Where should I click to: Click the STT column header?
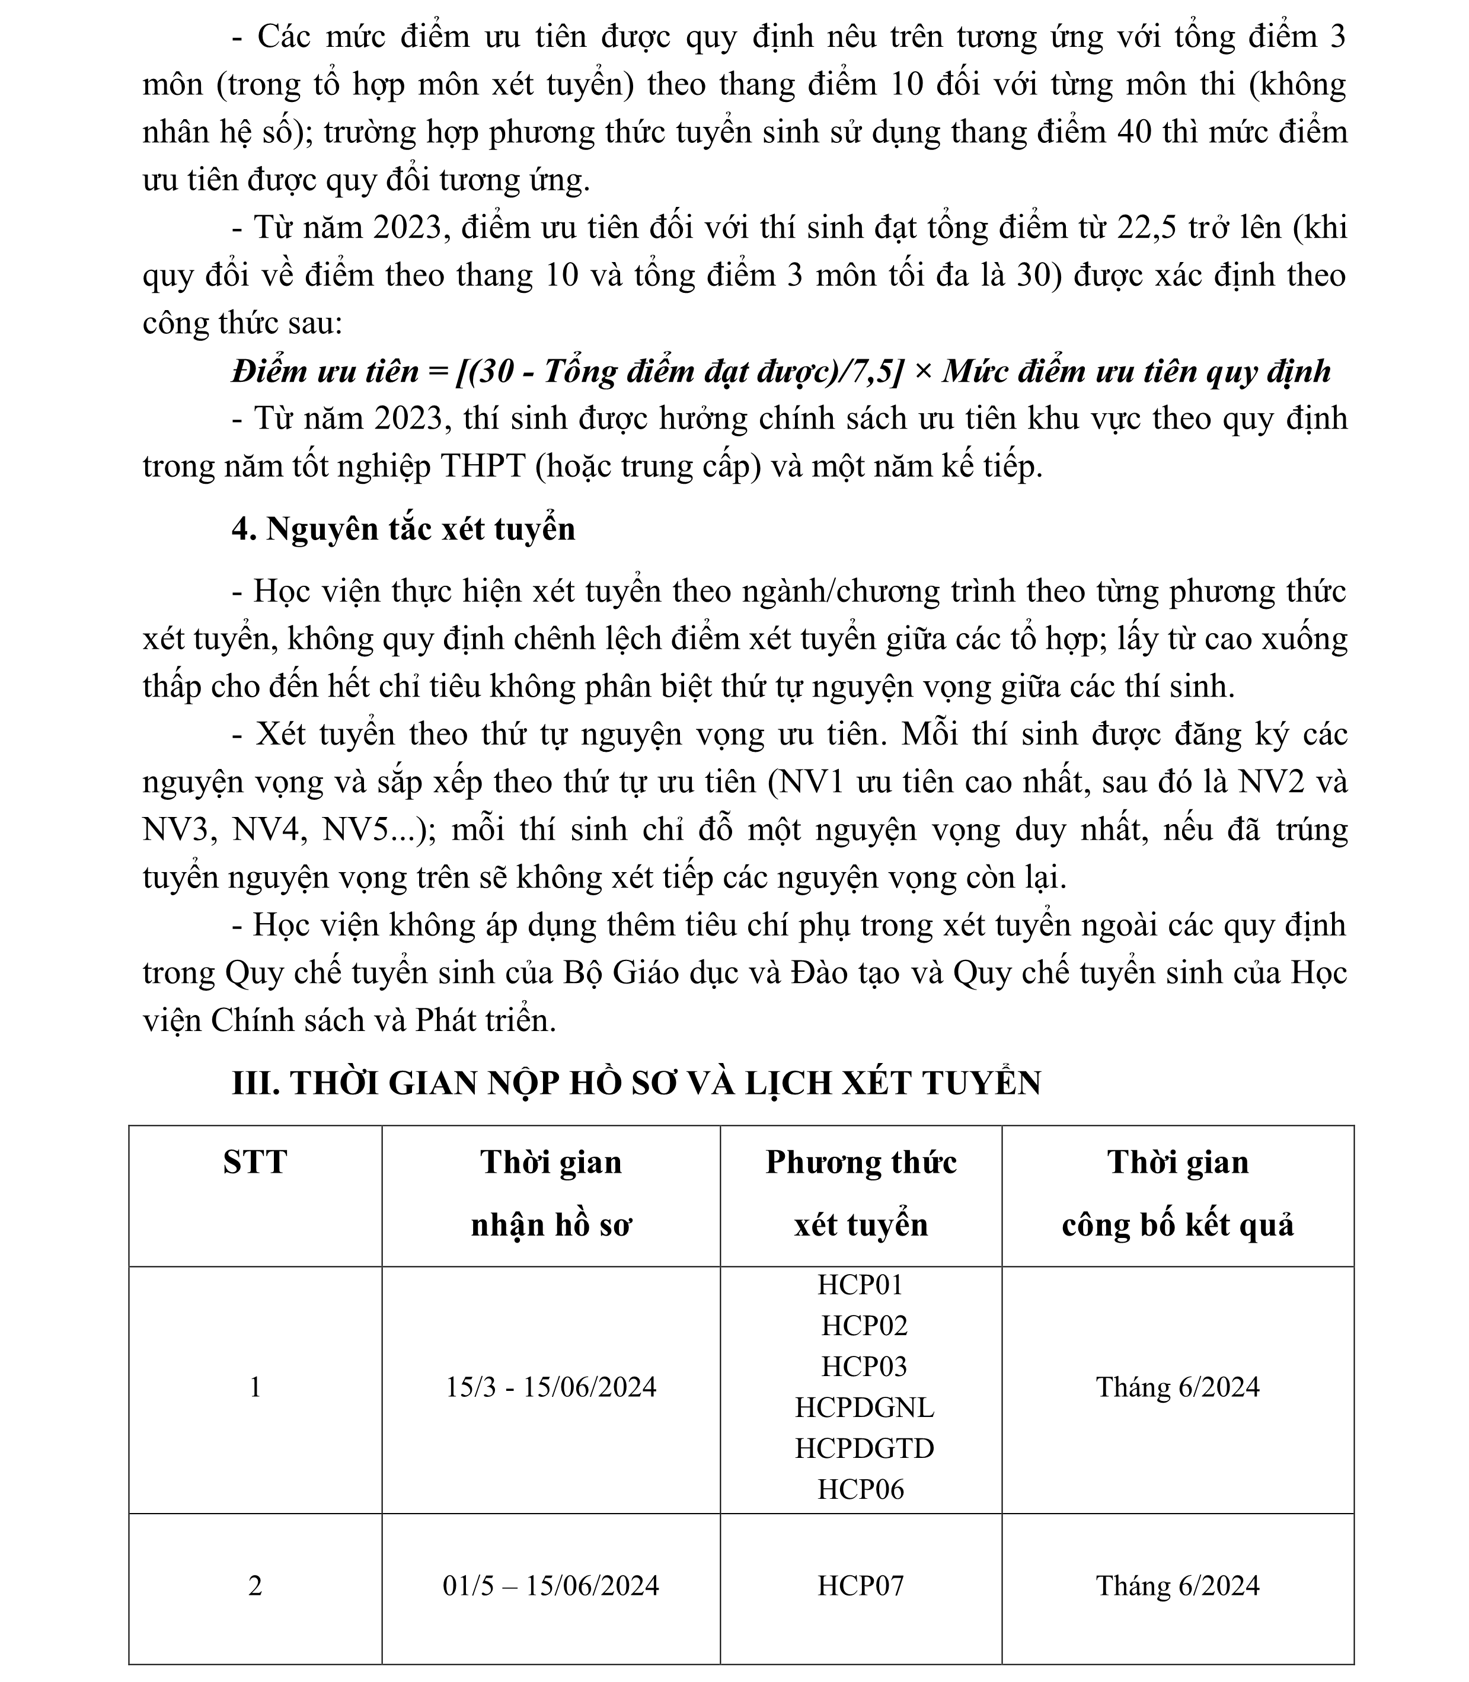255,1162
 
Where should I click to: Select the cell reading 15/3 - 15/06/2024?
551,1387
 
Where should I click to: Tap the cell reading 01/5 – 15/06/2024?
551,1585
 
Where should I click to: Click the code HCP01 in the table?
860,1284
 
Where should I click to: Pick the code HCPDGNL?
864,1407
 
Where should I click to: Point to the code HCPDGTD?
864,1448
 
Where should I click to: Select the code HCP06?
860,1489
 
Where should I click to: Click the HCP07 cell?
860,1585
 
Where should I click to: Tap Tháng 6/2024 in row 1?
1177,1387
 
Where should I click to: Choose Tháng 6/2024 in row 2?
1177,1585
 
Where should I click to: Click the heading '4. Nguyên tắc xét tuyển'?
403,529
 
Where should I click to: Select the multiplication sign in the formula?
922,373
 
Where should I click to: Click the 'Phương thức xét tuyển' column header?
861,1193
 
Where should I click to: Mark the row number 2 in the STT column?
255,1585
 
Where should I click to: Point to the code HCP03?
864,1367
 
